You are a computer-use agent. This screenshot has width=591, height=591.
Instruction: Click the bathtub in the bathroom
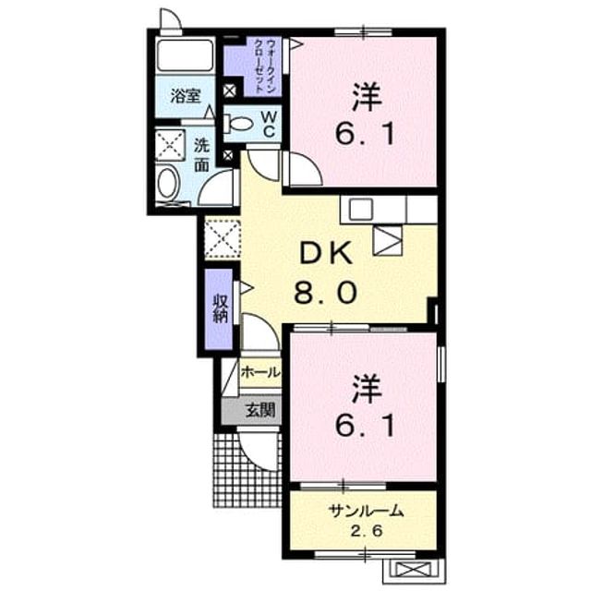tap(185, 55)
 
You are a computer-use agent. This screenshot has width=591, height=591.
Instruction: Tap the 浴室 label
tap(185, 96)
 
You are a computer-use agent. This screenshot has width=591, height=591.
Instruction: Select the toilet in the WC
tap(237, 123)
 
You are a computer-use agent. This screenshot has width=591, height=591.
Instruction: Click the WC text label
tap(269, 124)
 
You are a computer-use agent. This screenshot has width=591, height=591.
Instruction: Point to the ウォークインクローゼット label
tap(265, 66)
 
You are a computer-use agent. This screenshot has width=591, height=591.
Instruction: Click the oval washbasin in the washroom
tap(167, 183)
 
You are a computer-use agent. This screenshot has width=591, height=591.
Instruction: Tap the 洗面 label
tap(201, 155)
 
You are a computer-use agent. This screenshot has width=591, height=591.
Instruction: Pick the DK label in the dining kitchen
tap(326, 253)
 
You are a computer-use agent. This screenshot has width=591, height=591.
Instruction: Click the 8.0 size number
tap(326, 294)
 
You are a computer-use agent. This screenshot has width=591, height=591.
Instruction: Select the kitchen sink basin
tap(361, 210)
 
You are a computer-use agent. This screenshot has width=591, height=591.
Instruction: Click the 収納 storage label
tap(221, 308)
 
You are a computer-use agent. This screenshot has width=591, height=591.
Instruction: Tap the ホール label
tap(260, 372)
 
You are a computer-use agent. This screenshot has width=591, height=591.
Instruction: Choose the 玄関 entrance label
tap(260, 410)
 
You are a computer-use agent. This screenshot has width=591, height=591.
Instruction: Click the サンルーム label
tap(366, 511)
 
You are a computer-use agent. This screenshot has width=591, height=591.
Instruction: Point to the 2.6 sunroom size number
tap(367, 531)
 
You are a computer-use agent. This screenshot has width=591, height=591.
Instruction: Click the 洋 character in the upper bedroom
tap(366, 97)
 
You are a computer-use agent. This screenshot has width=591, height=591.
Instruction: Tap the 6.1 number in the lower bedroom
tap(365, 426)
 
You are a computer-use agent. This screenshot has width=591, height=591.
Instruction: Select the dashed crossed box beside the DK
tap(223, 239)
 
